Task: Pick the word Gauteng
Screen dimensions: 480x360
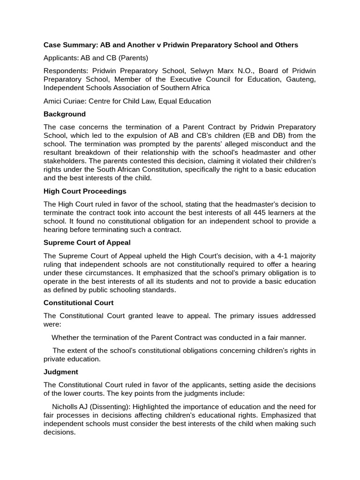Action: click(x=300, y=79)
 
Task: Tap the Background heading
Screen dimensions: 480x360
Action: click(x=65, y=114)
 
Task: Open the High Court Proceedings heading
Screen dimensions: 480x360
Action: click(x=85, y=191)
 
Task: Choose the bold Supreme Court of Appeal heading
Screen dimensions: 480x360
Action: click(x=87, y=242)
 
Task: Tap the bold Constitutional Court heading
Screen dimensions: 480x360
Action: click(x=78, y=303)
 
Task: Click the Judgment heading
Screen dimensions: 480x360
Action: click(x=61, y=372)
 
